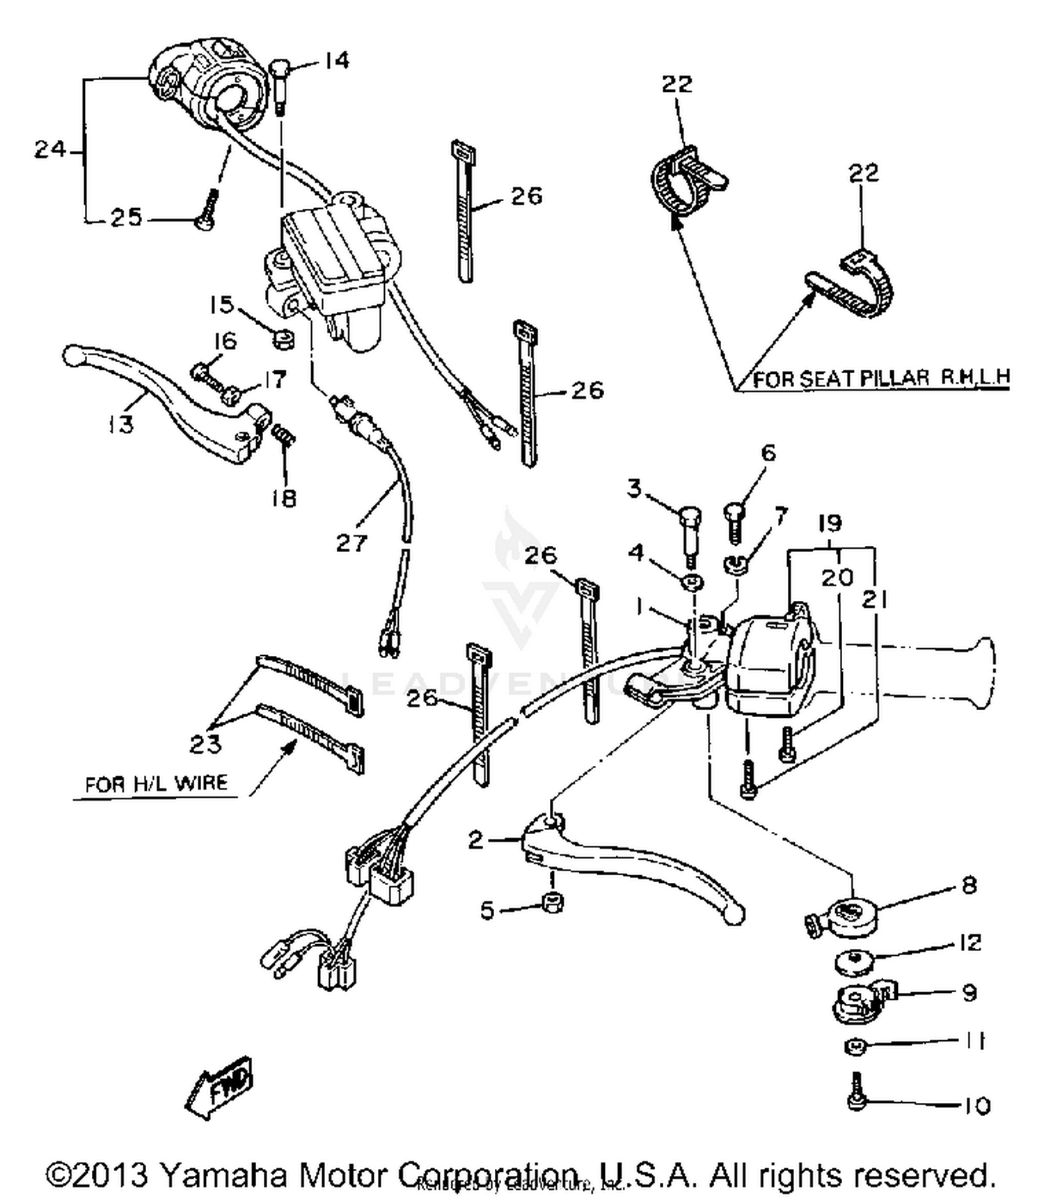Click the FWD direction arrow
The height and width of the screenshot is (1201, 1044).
(220, 1088)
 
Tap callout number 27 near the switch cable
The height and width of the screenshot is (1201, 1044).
(351, 542)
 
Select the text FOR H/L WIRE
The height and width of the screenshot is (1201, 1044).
(156, 784)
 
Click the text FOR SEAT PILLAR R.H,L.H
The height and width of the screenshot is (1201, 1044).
(881, 378)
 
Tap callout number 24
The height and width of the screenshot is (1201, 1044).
(50, 149)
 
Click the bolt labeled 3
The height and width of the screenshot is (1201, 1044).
(690, 533)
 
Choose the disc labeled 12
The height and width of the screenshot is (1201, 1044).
(855, 963)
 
